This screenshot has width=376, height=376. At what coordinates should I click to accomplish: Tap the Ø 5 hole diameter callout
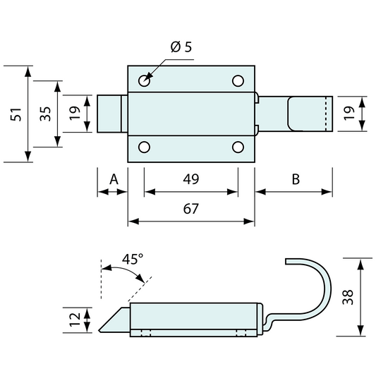pos(181,48)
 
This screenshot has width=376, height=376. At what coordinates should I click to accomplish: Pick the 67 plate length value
pos(190,209)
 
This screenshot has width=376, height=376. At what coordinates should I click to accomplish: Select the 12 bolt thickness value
pos(74,320)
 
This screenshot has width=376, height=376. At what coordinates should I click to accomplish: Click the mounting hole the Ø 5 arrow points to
pos(145,80)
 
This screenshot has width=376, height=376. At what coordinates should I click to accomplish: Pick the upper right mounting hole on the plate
pos(238,80)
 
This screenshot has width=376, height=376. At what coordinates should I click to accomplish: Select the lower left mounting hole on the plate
pos(145,147)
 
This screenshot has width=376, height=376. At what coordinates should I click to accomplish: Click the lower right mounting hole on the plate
pos(238,147)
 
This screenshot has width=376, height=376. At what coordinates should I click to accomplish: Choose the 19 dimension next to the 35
pos(74,114)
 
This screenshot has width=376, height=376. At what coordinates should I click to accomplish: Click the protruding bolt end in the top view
pos(111,114)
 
